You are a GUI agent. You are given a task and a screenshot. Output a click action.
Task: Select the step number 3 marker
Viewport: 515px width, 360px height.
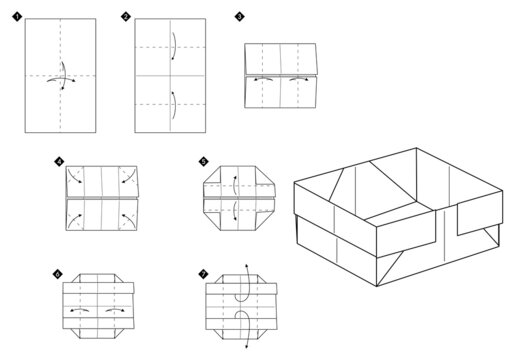pyautogui.click(x=238, y=17)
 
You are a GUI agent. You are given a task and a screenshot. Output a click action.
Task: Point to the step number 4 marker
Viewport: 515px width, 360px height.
pyautogui.click(x=59, y=160)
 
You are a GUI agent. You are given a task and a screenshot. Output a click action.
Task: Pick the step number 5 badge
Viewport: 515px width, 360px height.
pyautogui.click(x=204, y=160)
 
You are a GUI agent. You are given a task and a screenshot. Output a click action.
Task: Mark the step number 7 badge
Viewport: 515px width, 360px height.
pyautogui.click(x=204, y=272)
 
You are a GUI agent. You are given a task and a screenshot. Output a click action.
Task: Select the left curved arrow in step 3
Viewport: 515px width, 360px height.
pyautogui.click(x=264, y=78)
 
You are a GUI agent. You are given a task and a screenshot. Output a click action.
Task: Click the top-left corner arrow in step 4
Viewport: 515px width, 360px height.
pyautogui.click(x=74, y=177)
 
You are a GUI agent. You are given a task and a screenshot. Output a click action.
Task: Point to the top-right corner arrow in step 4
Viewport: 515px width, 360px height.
pyautogui.click(x=128, y=177)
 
